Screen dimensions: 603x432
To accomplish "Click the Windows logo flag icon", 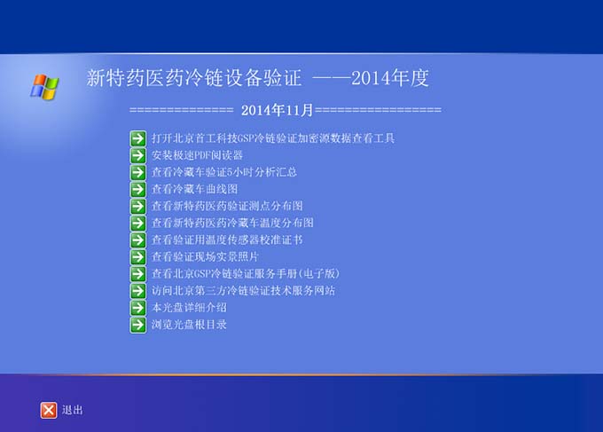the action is (44, 87).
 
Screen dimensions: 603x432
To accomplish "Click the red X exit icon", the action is (49, 410).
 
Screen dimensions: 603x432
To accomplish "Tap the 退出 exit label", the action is (73, 410).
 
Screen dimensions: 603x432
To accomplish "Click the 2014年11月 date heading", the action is (277, 110).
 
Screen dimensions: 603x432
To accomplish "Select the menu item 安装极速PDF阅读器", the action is (197, 155).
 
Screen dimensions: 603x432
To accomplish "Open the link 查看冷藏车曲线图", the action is (194, 189).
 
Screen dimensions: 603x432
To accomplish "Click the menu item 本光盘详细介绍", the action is (189, 308).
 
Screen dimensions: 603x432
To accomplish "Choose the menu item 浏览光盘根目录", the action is (189, 325).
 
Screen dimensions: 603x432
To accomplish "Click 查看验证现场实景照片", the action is (205, 257).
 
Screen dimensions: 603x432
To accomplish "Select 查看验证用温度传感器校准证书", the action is (227, 240).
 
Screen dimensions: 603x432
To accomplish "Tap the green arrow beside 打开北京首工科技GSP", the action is (138, 138).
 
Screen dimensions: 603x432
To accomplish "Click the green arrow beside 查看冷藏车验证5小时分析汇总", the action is (138, 172).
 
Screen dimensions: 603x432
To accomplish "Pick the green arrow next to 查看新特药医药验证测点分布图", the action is (138, 206).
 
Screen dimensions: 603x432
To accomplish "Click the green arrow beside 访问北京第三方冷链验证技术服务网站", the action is (138, 291).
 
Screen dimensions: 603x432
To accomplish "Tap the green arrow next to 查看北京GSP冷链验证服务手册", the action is (138, 274).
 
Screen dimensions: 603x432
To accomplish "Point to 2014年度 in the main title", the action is (390, 78).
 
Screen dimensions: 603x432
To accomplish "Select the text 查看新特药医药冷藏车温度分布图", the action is (232, 224).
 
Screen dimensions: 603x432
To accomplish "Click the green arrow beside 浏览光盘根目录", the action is (138, 325).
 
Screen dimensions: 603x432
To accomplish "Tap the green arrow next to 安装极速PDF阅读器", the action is (138, 155).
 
